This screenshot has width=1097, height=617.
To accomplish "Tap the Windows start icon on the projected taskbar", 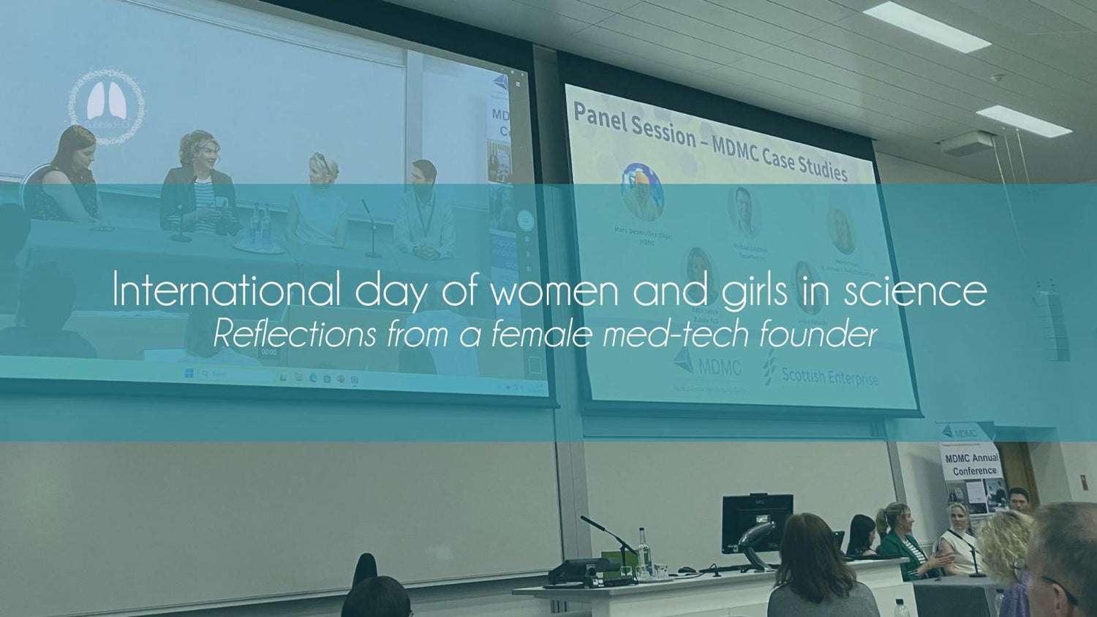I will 189,375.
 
